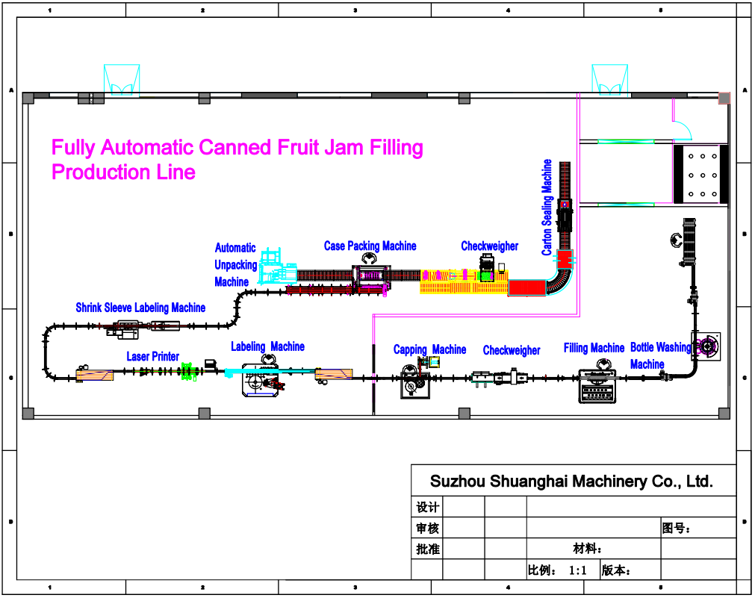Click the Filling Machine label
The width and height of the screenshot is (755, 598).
point(594,348)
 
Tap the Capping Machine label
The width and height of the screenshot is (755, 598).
point(429,349)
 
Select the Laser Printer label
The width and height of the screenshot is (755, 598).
point(152,356)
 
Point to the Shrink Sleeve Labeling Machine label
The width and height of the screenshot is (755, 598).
point(140,308)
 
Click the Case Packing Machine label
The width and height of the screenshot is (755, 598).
point(370,246)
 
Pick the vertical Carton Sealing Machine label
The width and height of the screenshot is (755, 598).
point(547,208)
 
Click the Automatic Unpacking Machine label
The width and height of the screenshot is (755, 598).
point(235,264)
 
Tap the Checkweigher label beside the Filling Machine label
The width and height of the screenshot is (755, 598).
point(512,350)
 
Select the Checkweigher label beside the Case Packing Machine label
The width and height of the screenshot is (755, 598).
point(489,246)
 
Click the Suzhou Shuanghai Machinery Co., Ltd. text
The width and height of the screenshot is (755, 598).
point(572,482)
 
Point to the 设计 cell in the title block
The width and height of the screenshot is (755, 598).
point(427,508)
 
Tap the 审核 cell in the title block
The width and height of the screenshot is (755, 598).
point(427,529)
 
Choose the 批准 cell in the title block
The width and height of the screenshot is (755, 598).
point(427,549)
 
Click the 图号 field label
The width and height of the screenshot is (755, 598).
point(676,529)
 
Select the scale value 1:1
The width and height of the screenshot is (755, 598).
point(578,570)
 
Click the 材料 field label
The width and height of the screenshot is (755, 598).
point(588,549)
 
